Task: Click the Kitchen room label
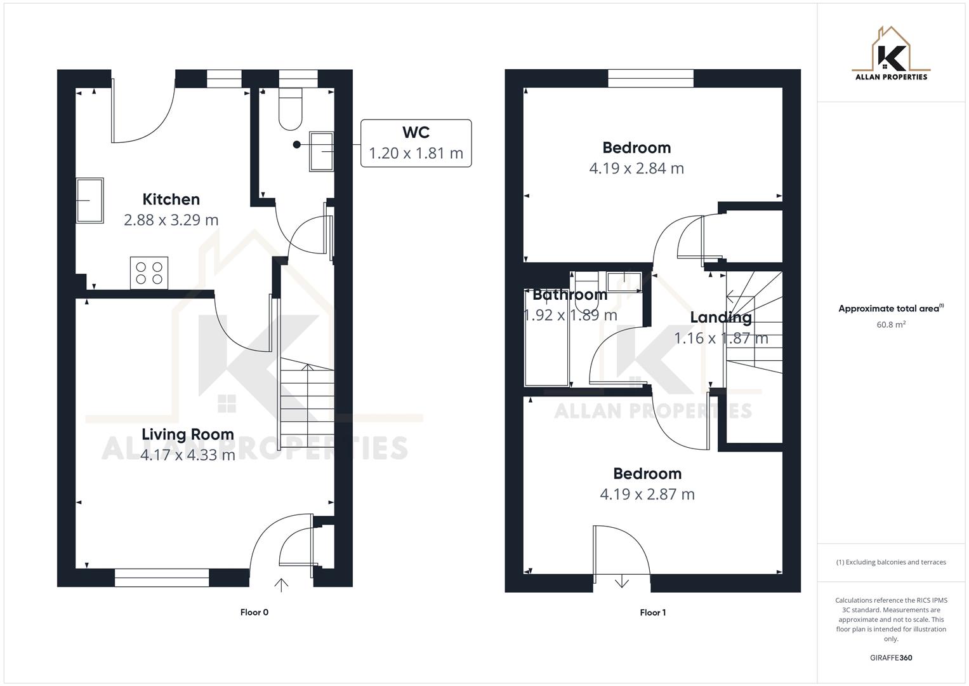click(171, 199)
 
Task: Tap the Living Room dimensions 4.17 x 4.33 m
click(187, 455)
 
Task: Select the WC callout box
click(416, 143)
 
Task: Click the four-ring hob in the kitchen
click(149, 272)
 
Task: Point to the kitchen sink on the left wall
click(89, 200)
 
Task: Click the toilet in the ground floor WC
click(291, 109)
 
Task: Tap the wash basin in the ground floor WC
click(321, 151)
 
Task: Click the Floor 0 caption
click(254, 612)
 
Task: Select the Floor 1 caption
click(652, 612)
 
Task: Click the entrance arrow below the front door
click(281, 584)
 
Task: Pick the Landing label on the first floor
click(720, 317)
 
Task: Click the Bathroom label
click(569, 295)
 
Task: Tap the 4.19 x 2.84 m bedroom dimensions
click(636, 168)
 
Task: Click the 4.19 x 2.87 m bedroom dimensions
click(647, 494)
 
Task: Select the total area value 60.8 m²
click(890, 325)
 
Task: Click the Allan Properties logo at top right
click(890, 54)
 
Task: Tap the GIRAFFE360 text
click(890, 657)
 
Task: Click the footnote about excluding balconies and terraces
click(890, 562)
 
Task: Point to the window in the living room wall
click(162, 577)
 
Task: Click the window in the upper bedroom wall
click(650, 78)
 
